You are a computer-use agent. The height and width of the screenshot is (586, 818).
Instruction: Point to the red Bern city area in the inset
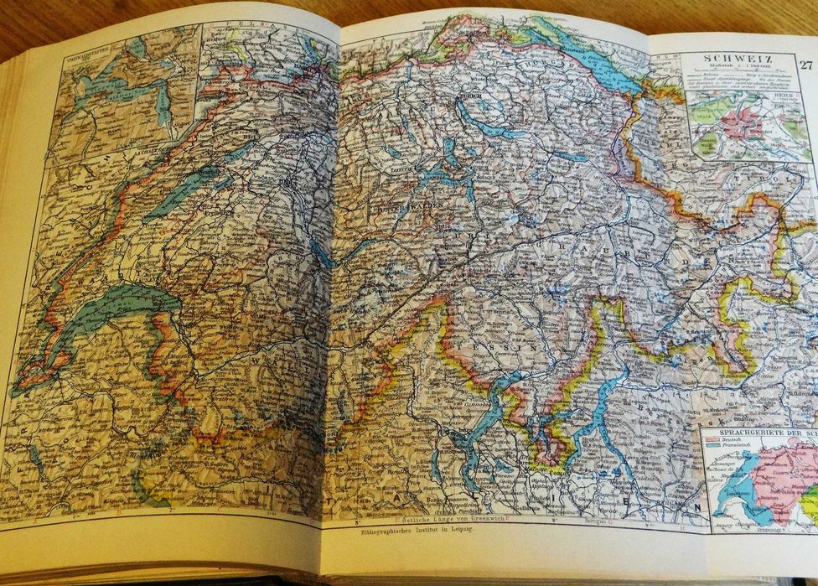pos(743,123)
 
